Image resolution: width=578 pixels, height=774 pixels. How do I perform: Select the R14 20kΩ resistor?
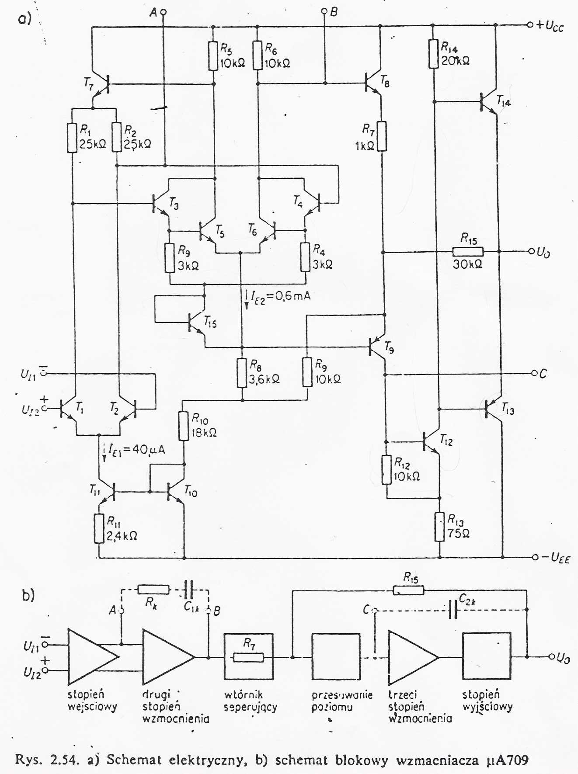(433, 54)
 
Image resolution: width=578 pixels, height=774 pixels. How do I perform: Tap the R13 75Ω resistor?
(439, 527)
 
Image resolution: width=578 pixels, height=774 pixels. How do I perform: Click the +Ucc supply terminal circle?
(530, 25)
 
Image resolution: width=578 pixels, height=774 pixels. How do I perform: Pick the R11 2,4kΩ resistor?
(100, 528)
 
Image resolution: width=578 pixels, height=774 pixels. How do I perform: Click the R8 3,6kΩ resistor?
(242, 373)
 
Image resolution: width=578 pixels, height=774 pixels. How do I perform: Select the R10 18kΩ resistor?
(184, 425)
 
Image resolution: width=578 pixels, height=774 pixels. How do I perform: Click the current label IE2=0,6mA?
(280, 296)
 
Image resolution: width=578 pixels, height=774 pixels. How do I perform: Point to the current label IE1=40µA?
(136, 449)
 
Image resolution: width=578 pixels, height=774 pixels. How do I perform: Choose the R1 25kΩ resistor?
(72, 138)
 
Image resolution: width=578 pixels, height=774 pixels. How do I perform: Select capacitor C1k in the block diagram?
(188, 590)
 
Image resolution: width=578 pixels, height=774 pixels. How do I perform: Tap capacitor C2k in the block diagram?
(453, 609)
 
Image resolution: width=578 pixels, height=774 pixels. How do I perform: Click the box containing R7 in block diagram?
(248, 657)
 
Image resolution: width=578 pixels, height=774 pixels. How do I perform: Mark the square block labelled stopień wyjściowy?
(486, 656)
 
